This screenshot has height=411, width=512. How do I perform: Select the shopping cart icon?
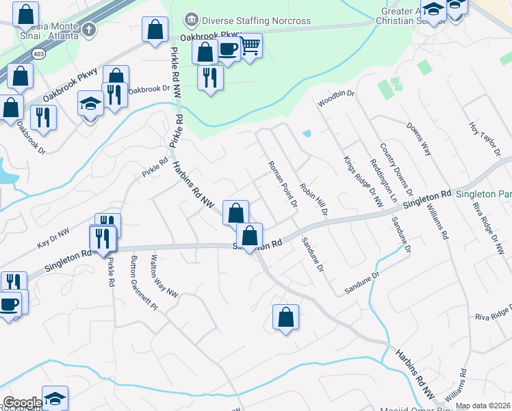251,46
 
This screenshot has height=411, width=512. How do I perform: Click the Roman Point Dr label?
283,184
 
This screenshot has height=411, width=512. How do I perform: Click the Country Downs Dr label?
396,162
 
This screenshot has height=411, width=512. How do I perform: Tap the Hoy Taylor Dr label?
482,138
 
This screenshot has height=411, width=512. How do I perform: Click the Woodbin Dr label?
335,99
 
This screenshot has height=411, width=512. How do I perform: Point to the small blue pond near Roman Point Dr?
306,133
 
